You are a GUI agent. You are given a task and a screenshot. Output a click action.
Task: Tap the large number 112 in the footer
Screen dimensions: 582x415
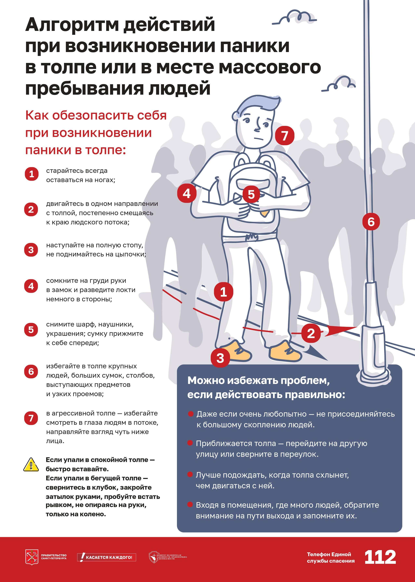pyautogui.click(x=380, y=557)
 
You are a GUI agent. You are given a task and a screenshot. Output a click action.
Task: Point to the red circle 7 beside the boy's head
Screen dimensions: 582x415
pyautogui.click(x=285, y=135)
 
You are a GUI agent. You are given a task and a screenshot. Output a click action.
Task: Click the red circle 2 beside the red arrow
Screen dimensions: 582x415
pyautogui.click(x=311, y=333)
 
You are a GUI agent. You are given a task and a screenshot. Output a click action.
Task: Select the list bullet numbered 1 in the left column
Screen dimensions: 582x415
pyautogui.click(x=31, y=174)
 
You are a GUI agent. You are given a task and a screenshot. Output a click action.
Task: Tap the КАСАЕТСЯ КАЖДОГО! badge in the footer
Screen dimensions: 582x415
pyautogui.click(x=107, y=557)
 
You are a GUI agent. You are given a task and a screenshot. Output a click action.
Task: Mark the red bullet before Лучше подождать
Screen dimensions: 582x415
pyautogui.click(x=190, y=475)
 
